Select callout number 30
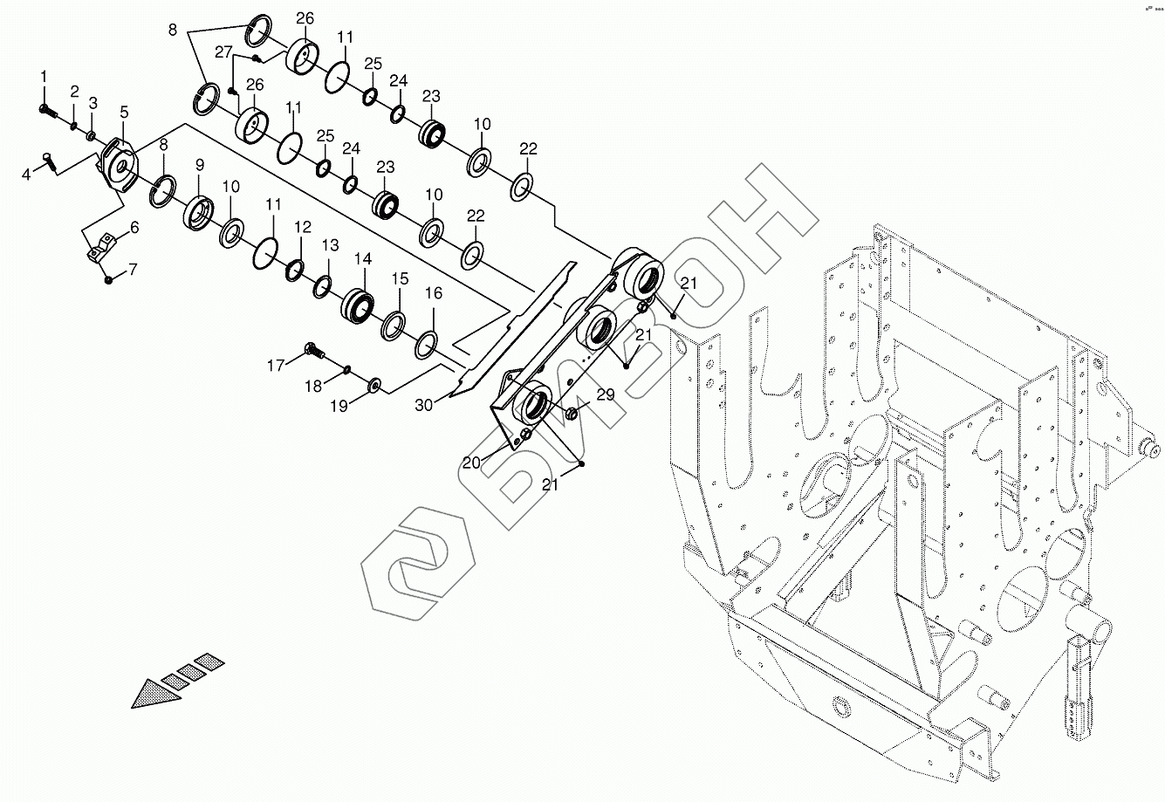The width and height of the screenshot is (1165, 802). coord(424,405)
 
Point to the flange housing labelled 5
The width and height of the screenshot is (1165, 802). coord(119,163)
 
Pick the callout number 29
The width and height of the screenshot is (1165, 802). coord(606,394)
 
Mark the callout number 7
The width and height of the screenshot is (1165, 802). coord(133,270)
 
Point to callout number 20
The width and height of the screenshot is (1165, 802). coord(471,463)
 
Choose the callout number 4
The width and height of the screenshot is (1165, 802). coord(26,174)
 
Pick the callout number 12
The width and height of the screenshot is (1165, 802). coord(302,227)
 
